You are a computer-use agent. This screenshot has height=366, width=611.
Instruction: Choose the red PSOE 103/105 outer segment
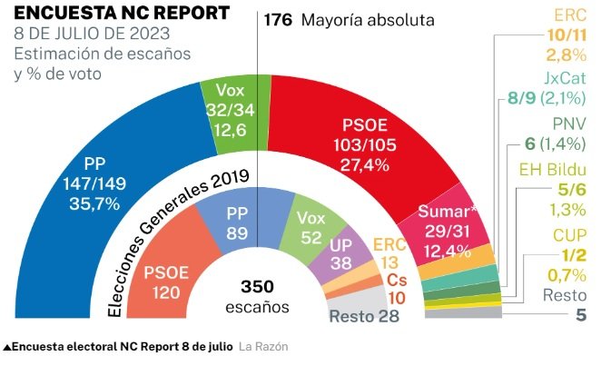coord(363,136)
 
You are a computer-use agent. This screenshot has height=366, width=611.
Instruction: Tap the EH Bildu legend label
coord(552,170)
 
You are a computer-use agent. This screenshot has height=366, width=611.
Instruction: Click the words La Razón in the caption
coord(264,347)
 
